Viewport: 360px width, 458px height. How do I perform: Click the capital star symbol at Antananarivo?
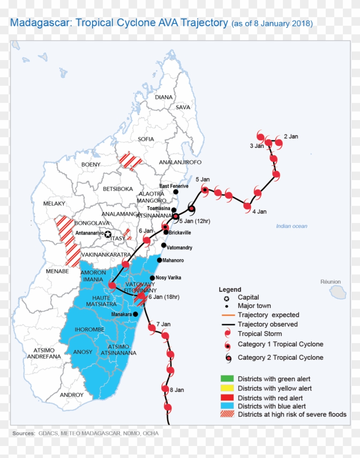108,234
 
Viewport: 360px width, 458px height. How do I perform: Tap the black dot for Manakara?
136,314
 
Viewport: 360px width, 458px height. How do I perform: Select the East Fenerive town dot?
176,192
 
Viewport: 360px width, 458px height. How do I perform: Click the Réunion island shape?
338,292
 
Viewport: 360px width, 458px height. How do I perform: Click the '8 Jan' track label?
177,390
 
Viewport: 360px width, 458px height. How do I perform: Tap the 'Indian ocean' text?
291,226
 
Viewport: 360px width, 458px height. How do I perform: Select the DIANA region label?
164,97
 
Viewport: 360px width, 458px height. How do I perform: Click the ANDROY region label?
72,395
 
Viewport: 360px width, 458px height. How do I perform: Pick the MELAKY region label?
54,204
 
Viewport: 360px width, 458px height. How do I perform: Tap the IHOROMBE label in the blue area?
87,329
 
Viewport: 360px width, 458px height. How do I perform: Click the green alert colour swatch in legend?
227,379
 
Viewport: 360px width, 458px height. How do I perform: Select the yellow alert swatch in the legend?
227,388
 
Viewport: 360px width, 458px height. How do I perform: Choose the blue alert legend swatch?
227,406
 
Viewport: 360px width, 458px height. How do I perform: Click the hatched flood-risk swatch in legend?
227,414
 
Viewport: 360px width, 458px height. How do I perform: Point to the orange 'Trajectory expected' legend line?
227,315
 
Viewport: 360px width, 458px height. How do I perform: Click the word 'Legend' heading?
230,289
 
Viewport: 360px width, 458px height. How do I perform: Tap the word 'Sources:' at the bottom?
24,434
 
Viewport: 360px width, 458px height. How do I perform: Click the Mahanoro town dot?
159,260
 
